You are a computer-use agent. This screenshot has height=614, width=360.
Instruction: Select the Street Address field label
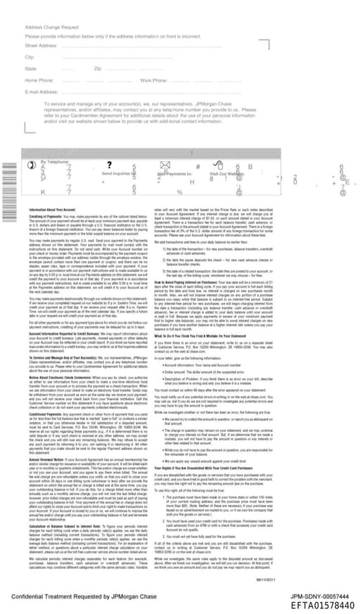point(41,45)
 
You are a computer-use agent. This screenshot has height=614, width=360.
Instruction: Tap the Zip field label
point(98,69)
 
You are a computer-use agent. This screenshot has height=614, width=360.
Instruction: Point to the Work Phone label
point(154,80)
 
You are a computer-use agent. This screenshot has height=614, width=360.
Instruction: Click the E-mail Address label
point(41,91)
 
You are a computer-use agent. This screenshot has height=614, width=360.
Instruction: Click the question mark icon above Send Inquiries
point(110,165)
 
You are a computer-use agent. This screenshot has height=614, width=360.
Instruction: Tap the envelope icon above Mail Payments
point(166,165)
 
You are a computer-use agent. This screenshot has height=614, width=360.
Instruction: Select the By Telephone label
point(56,161)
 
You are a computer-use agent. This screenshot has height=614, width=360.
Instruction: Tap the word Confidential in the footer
point(33,596)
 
